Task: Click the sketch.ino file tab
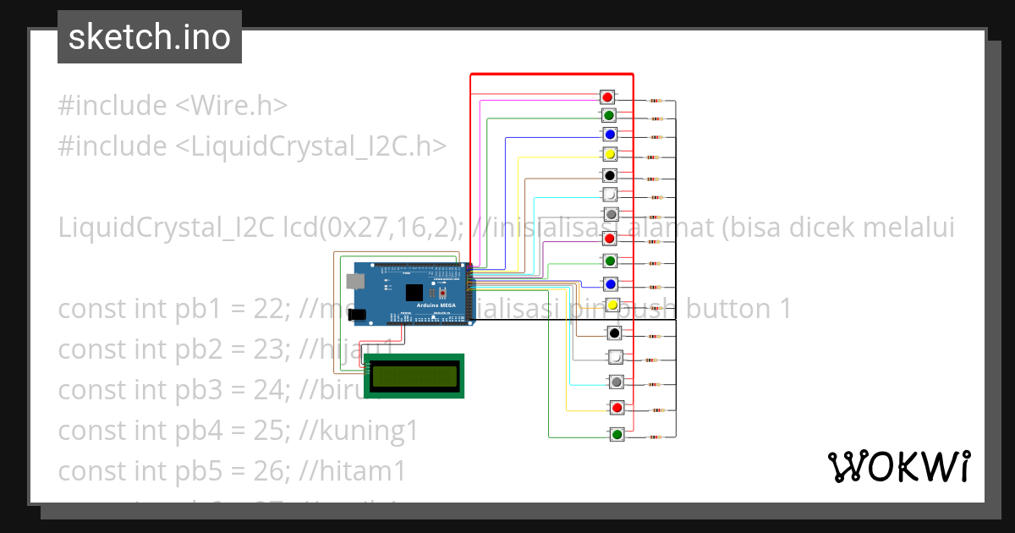point(149,37)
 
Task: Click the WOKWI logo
point(898,466)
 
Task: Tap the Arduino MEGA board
point(413,294)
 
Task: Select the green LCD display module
point(414,376)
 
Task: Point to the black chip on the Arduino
point(414,293)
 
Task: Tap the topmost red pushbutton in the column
point(607,96)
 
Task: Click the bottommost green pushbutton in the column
point(617,435)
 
